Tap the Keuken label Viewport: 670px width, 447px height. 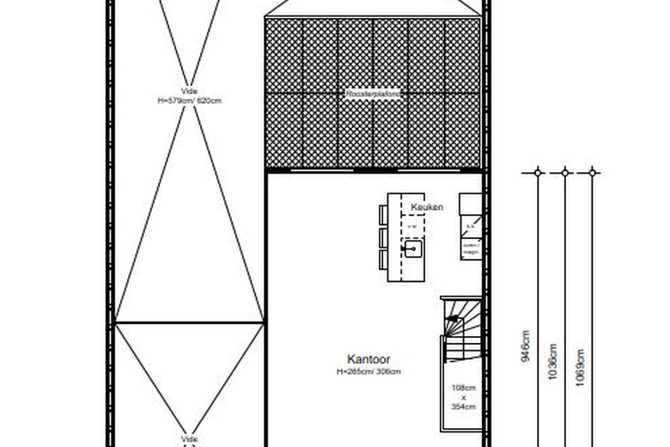427,208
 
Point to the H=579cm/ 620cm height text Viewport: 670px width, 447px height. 190,101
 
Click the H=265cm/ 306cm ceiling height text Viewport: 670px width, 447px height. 368,371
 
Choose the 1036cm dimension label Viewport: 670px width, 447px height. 552,361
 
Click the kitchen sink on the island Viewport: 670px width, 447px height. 412,249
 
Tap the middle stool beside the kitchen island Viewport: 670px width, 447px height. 384,237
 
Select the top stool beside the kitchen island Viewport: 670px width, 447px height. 384,214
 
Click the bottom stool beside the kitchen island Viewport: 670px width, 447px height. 384,260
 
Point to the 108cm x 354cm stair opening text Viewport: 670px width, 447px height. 463,396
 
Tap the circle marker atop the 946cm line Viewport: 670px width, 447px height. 537,173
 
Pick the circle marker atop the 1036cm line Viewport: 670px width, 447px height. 564,173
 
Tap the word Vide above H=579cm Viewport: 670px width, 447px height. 190,91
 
